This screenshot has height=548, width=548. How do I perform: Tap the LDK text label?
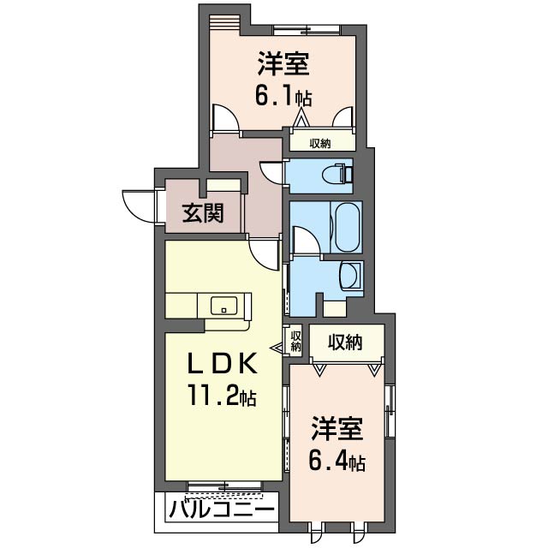(x=222, y=363)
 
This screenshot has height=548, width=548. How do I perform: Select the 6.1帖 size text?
(x=283, y=92)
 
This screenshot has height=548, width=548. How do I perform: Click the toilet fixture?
(x=337, y=174)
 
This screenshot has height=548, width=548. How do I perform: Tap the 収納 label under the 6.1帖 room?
(x=320, y=143)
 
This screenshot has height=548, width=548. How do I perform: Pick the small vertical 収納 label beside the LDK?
(x=295, y=342)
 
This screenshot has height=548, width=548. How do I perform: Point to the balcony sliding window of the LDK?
(x=224, y=487)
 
